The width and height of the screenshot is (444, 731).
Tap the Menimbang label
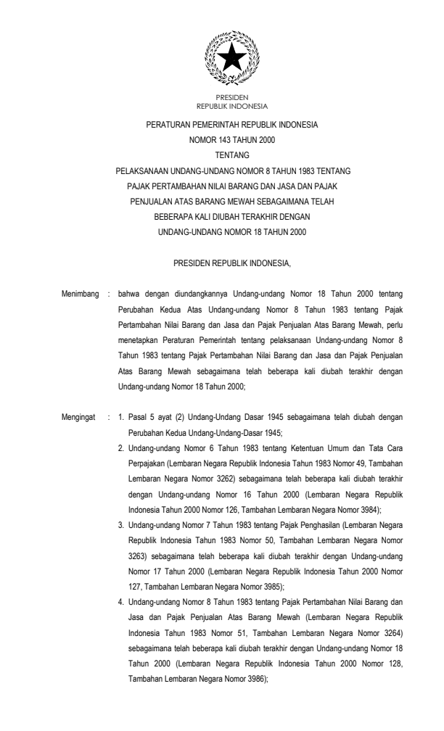(x=79, y=295)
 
